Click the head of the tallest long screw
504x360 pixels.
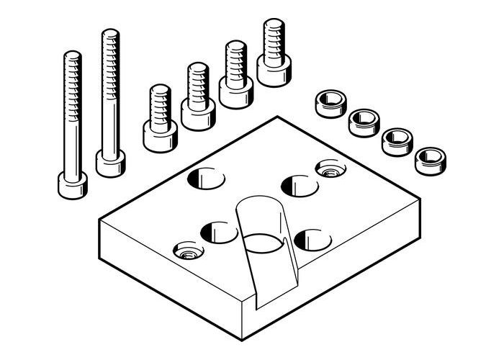(110, 163)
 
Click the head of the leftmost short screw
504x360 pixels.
(160, 136)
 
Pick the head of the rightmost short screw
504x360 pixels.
(274, 71)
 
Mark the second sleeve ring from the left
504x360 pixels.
(364, 122)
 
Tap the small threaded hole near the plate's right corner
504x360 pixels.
(330, 170)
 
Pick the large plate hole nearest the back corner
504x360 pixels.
(206, 177)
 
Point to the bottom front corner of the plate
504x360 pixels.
(242, 338)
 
